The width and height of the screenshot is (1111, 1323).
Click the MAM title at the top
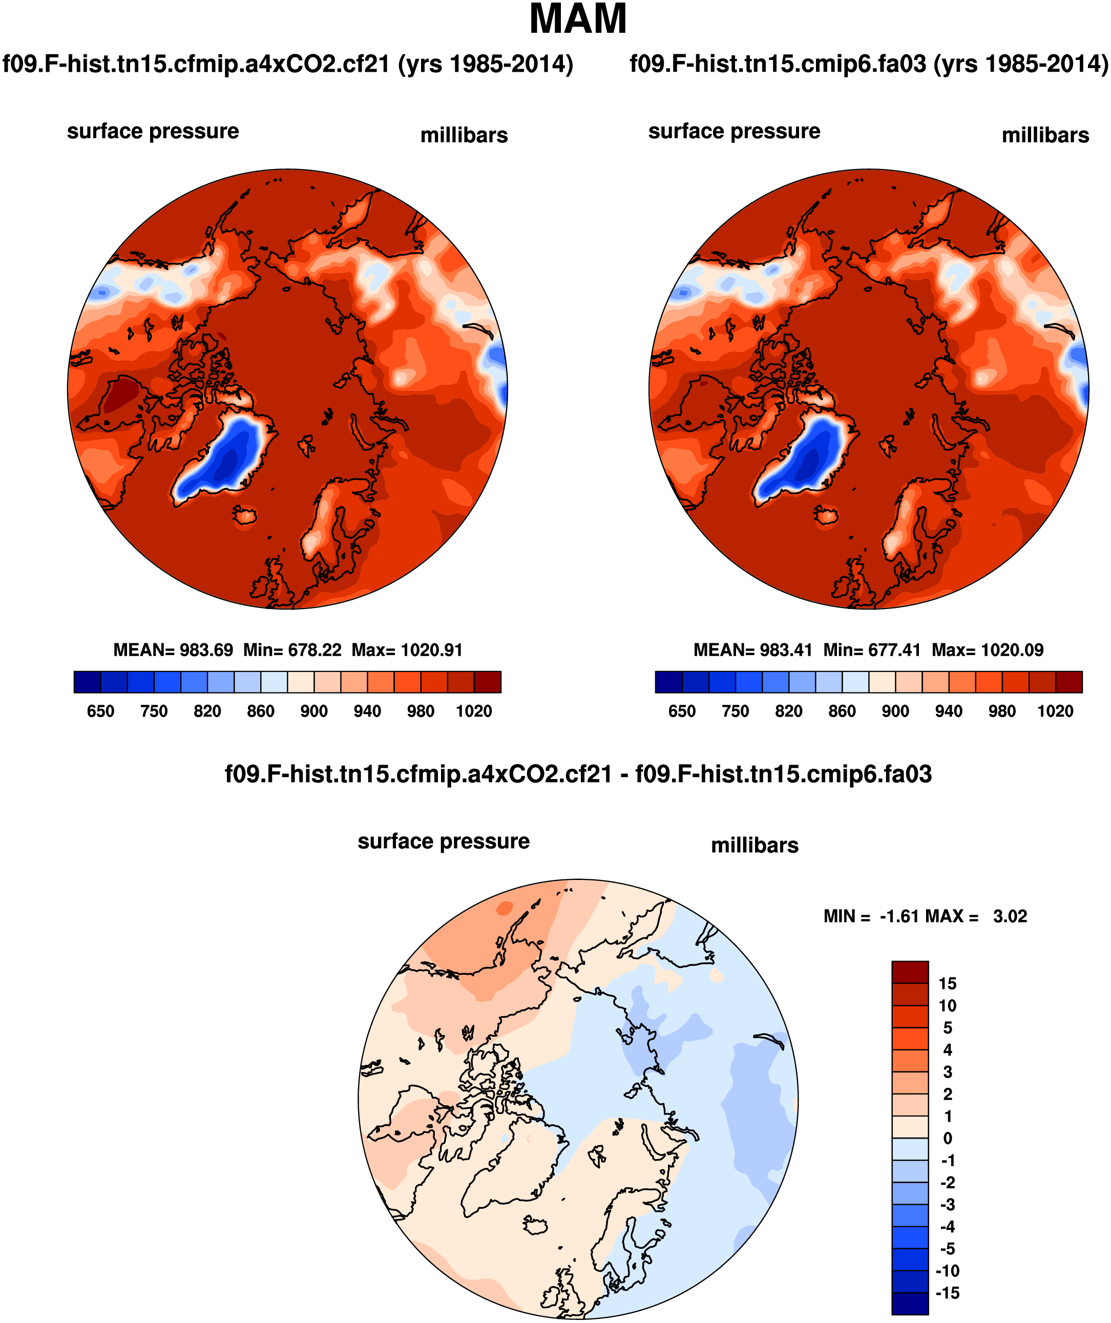[x=578, y=19]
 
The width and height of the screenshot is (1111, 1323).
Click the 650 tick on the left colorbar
[x=100, y=711]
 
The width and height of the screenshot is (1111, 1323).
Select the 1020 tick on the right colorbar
[x=1055, y=711]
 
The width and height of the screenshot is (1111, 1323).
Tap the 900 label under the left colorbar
[x=314, y=711]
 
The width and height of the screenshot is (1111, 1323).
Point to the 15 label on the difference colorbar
[x=947, y=983]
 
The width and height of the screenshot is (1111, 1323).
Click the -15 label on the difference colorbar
[x=947, y=1293]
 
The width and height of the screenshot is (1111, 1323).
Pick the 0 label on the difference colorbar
[x=947, y=1139]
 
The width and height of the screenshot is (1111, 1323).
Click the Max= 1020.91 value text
[x=407, y=650]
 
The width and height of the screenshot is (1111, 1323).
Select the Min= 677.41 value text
[x=872, y=650]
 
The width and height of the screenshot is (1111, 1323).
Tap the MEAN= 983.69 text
[x=173, y=650]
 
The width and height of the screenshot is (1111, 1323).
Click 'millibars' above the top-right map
[x=1045, y=135]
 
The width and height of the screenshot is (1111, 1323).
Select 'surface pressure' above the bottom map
[x=444, y=841]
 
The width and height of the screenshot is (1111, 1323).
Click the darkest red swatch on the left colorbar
[x=487, y=682]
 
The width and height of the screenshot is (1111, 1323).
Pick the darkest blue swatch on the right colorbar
[x=668, y=682]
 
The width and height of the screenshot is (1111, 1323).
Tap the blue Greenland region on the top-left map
[x=224, y=457]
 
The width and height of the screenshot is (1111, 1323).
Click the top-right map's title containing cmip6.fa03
[x=868, y=64]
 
